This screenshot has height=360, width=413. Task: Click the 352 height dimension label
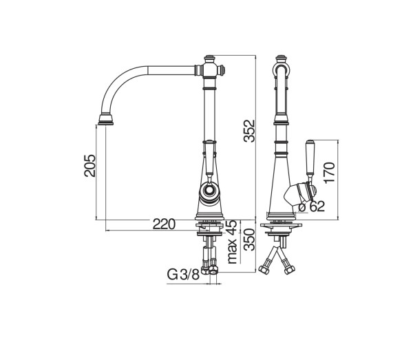(249, 131)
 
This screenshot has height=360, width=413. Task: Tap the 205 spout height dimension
(89, 165)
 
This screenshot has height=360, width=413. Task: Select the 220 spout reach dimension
(164, 224)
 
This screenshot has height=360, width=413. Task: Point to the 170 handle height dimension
(329, 173)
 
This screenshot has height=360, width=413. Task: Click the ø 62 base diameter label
(312, 207)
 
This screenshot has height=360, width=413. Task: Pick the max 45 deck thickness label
(233, 242)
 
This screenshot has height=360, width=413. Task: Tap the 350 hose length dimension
(249, 240)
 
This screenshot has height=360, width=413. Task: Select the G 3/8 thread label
(183, 275)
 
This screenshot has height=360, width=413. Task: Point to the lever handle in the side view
(310, 158)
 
